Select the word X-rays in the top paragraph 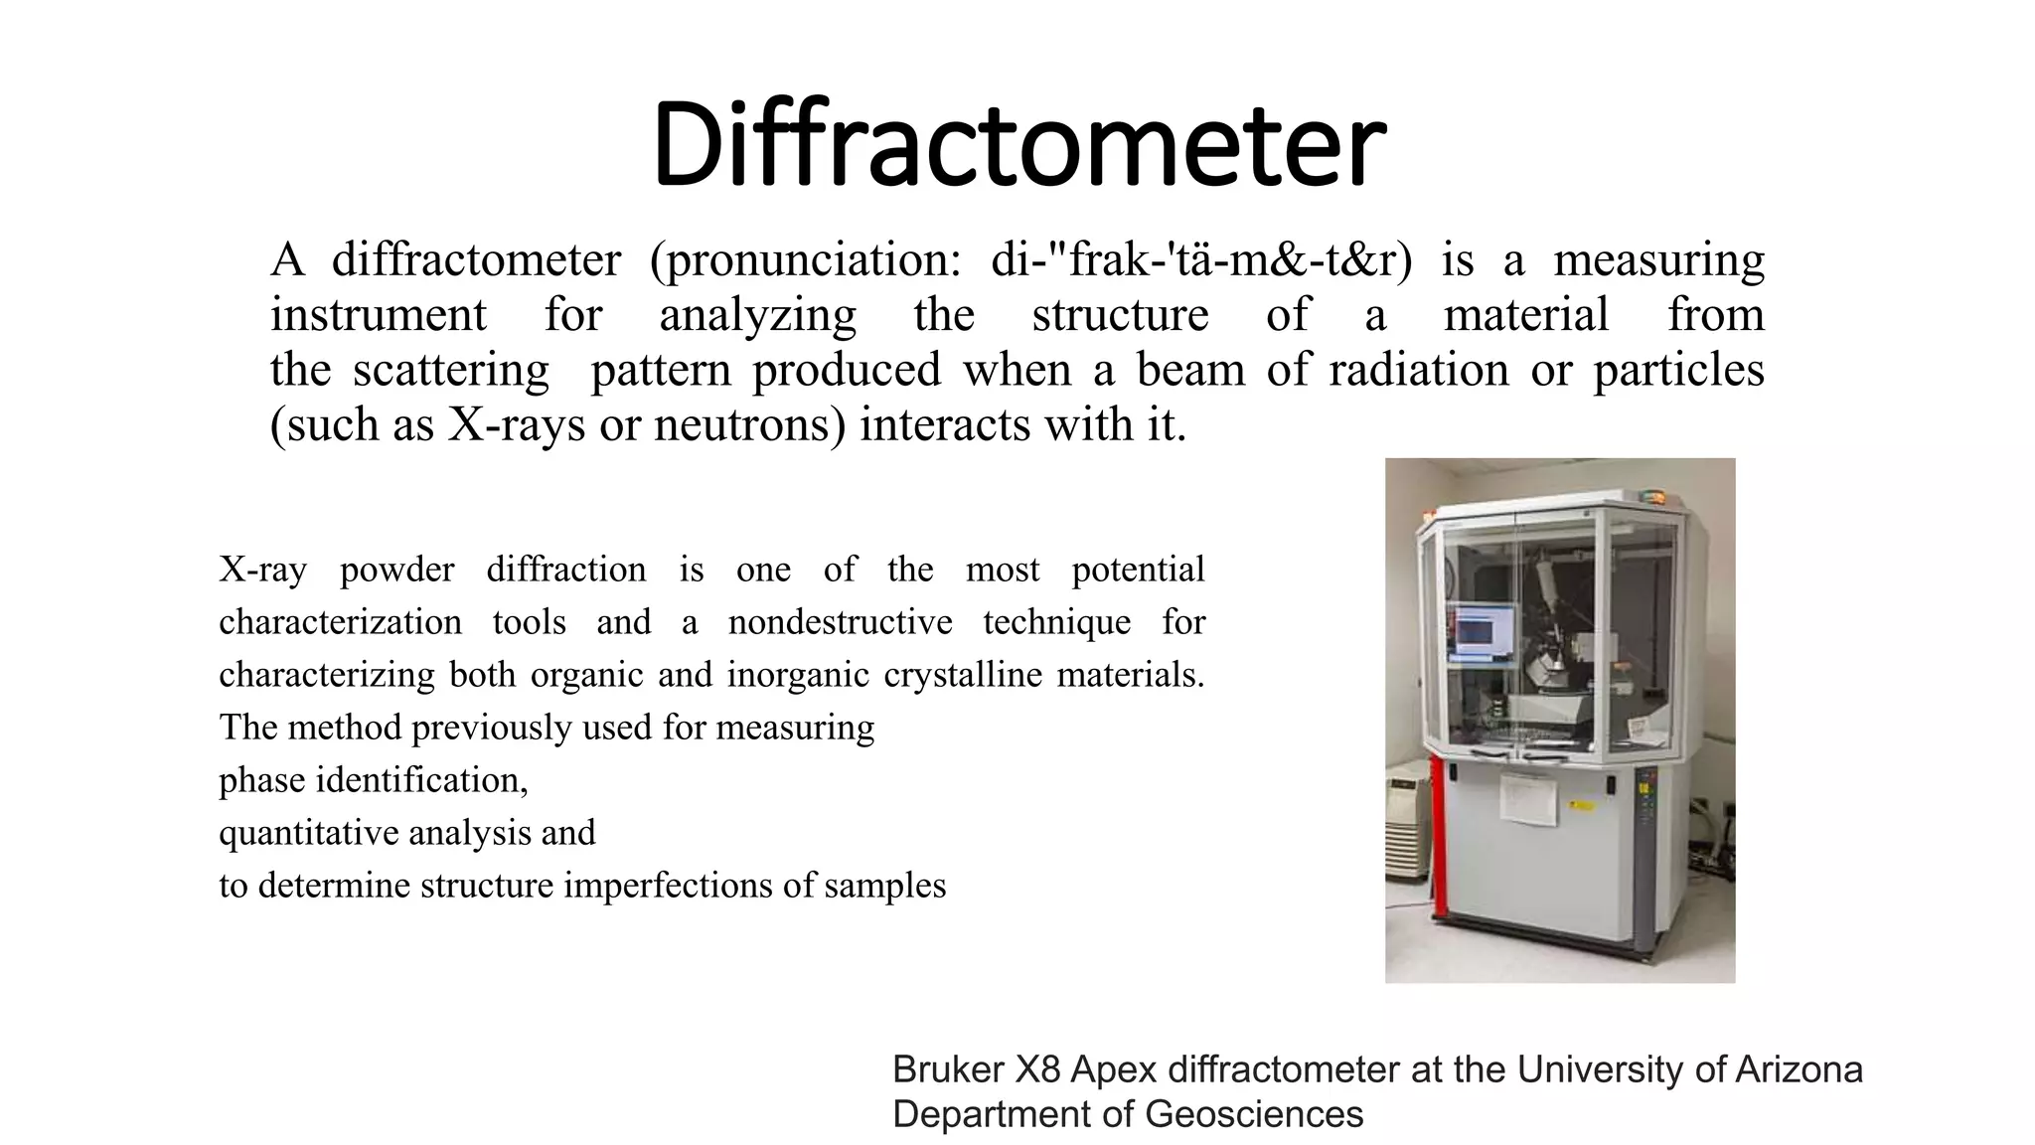click(516, 425)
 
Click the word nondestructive click(840, 622)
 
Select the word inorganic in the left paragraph click(798, 675)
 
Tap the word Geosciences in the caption click(1253, 1115)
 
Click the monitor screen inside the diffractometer click(1482, 631)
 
